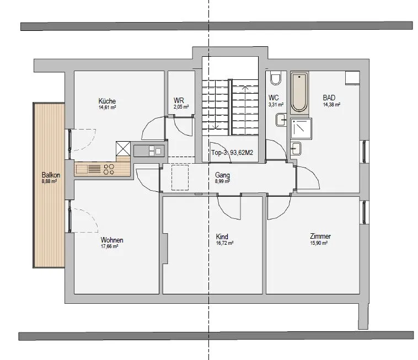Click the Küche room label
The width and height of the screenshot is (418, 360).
[107, 101]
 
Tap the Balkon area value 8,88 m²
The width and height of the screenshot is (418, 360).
[49, 181]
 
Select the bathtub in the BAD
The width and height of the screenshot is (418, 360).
[299, 92]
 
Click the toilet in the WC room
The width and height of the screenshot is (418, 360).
[276, 78]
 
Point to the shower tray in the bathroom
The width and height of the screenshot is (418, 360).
[301, 128]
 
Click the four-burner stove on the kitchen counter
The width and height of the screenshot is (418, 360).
[109, 169]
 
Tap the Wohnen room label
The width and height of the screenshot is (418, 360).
[112, 240]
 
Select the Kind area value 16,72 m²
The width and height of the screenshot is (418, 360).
[225, 243]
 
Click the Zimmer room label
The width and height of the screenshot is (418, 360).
[320, 236]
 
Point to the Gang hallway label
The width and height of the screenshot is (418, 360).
[222, 175]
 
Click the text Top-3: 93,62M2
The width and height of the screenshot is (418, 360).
[232, 153]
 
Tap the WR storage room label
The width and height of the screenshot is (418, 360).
[179, 100]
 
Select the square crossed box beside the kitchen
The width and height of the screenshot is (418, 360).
[123, 148]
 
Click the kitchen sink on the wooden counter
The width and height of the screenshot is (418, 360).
[82, 169]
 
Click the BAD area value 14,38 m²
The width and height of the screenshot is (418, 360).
[331, 104]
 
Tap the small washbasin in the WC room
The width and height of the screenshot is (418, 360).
[281, 120]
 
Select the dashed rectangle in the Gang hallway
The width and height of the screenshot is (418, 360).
[180, 178]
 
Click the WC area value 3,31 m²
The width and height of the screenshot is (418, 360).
[276, 105]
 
